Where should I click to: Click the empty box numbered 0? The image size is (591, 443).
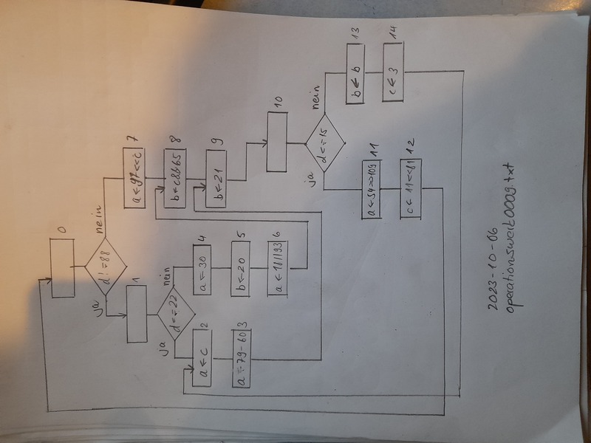pos(63,270)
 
